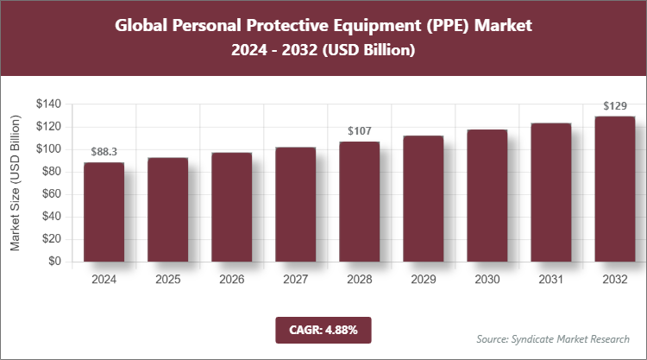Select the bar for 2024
point(104,212)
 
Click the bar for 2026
point(231,207)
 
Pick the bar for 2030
point(487,195)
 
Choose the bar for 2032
point(614,188)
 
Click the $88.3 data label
point(104,152)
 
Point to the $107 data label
point(359,131)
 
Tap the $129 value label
point(614,106)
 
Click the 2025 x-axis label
point(167,280)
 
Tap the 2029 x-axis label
point(423,280)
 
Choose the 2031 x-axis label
point(550,280)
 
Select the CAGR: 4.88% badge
point(323,329)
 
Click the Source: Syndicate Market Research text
point(552,338)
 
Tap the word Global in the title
point(142,25)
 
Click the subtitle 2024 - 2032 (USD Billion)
point(323,51)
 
